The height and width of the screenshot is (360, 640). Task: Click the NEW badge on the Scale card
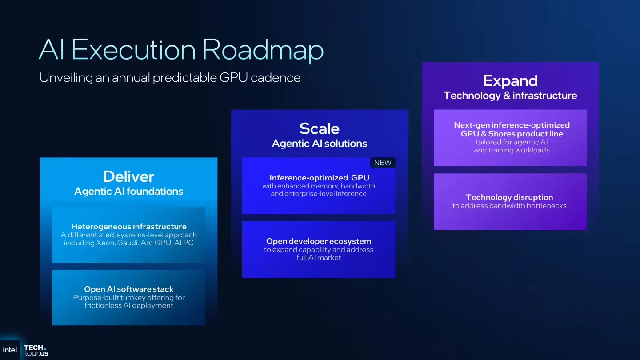click(x=383, y=163)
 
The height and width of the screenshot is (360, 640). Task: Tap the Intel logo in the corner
click(x=10, y=350)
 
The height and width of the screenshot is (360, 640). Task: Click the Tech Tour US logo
click(x=36, y=350)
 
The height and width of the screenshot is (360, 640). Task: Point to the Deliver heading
click(x=128, y=176)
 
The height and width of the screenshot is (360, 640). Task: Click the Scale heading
click(x=319, y=128)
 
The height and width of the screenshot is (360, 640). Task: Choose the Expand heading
click(x=510, y=80)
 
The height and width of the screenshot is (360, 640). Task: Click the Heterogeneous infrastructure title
click(x=129, y=227)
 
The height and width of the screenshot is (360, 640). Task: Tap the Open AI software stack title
click(x=129, y=289)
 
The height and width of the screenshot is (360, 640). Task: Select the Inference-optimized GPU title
click(x=319, y=178)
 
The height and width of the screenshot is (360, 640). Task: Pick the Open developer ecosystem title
click(x=319, y=241)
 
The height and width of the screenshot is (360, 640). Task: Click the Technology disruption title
click(x=509, y=197)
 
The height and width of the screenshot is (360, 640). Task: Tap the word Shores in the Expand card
click(x=501, y=134)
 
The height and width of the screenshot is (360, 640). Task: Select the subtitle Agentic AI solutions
click(x=319, y=144)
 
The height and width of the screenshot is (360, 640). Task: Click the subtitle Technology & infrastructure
click(x=510, y=96)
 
